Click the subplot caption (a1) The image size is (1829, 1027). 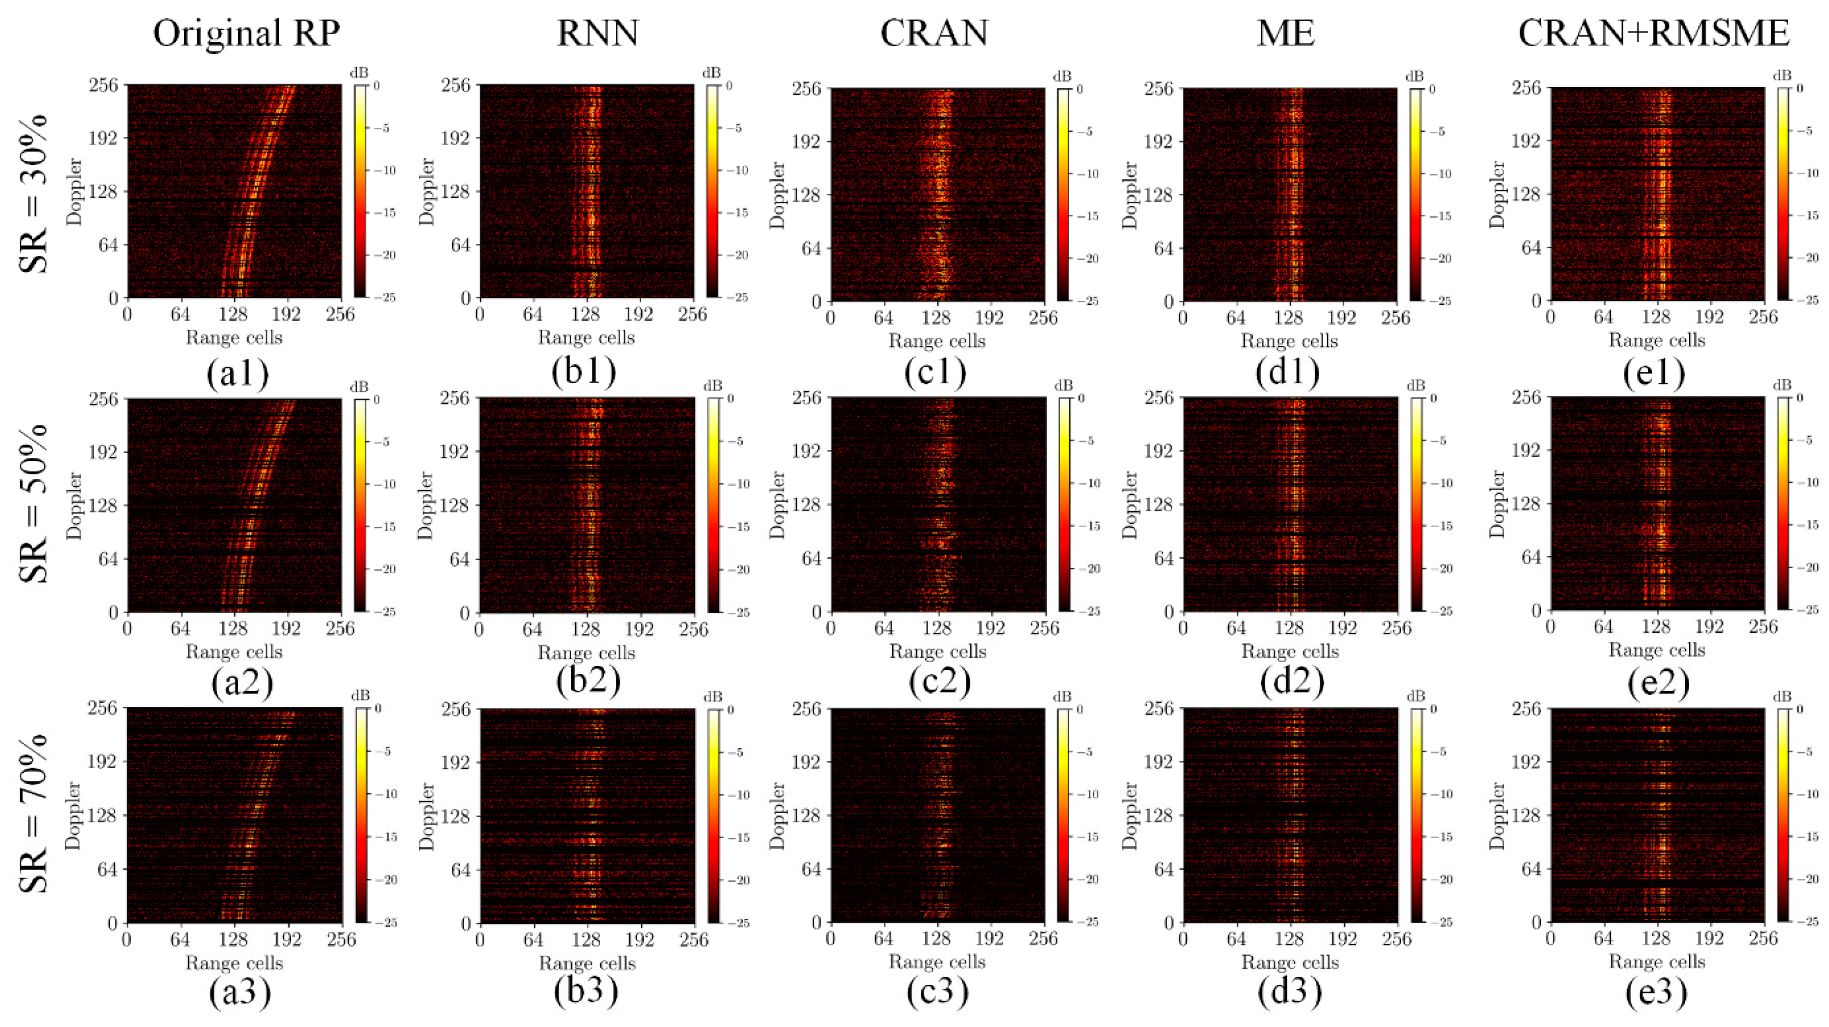[x=238, y=373]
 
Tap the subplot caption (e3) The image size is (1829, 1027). [x=1656, y=993]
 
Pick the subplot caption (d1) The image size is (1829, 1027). [x=1287, y=373]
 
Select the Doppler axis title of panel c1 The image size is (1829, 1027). [x=778, y=195]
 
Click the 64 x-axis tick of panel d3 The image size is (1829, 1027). [x=1236, y=939]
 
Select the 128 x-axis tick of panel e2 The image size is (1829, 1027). [x=1656, y=627]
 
